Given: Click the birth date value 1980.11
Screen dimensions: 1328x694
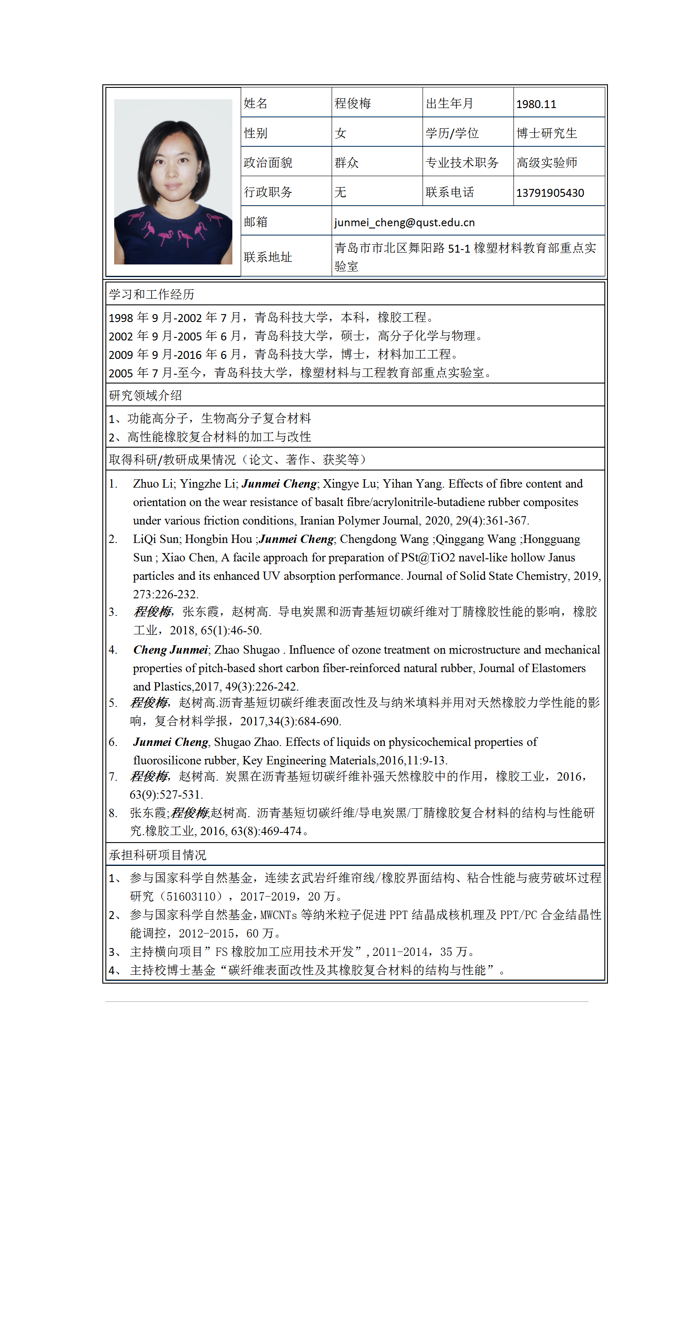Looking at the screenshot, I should [x=536, y=104].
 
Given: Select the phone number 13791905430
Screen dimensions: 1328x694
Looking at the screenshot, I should [x=549, y=193].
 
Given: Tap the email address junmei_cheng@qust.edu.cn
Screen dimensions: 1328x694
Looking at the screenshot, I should [x=404, y=222].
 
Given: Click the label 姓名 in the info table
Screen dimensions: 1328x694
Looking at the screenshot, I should [x=255, y=104].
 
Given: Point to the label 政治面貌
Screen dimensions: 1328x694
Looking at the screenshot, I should [x=267, y=163].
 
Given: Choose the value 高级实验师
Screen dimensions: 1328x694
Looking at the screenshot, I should [x=546, y=163].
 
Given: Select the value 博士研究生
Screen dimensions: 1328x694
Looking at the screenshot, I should [x=546, y=134].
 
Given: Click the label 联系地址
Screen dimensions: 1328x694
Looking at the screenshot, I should [x=267, y=257].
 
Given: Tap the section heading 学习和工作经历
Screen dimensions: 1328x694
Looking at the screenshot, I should [x=151, y=294].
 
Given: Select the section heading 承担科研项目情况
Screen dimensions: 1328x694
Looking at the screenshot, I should [x=157, y=855].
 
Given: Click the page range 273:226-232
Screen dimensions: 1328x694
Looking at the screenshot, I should [x=165, y=594].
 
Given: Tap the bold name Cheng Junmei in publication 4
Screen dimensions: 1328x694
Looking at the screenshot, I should [x=170, y=650].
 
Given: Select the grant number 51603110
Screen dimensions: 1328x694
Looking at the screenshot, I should [x=190, y=897].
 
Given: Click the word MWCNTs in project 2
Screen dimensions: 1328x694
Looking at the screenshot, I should [x=278, y=915].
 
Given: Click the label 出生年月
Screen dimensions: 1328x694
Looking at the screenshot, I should [x=449, y=104].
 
